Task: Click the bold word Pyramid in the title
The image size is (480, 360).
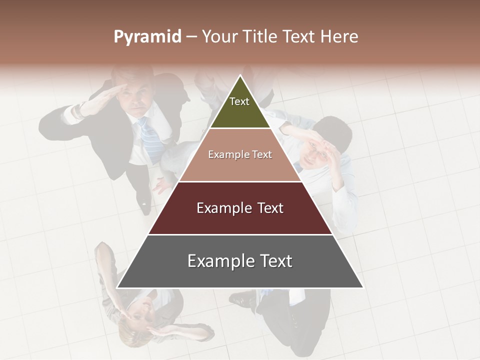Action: (x=147, y=37)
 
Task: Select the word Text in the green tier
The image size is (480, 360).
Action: (x=239, y=101)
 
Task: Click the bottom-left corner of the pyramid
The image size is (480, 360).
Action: (x=117, y=287)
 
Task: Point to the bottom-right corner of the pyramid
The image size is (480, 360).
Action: (x=362, y=287)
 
